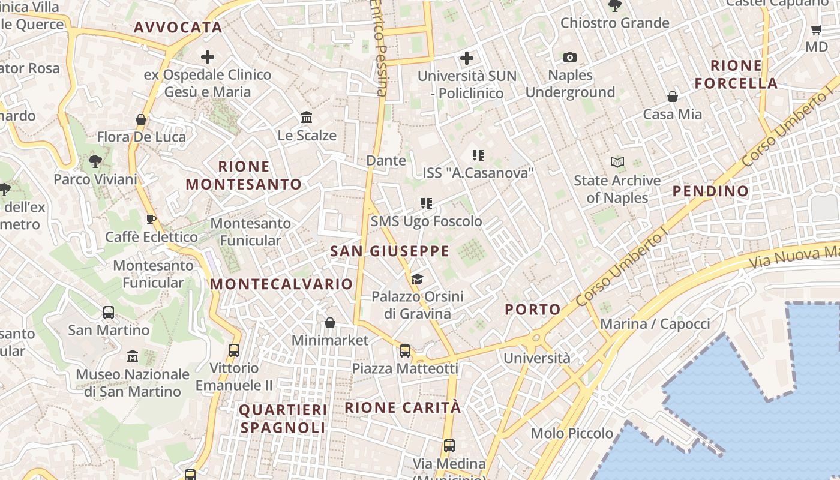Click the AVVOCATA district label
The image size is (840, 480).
(178, 28)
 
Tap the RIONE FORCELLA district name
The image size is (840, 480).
(736, 74)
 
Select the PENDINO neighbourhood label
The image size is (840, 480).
(710, 191)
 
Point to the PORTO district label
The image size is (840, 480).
(533, 310)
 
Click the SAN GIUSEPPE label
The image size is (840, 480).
(389, 251)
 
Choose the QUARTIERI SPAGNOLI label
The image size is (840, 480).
(283, 419)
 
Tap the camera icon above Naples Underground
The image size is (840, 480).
(570, 58)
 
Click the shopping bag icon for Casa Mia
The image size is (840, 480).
(673, 97)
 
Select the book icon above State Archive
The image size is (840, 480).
(617, 162)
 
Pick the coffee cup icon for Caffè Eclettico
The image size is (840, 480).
(151, 219)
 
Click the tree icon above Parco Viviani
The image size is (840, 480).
(95, 161)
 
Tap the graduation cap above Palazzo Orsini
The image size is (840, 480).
(417, 279)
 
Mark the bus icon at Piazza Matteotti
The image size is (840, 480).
(405, 351)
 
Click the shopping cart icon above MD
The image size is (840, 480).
(816, 29)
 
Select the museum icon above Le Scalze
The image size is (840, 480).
(307, 117)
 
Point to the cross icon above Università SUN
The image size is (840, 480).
(467, 58)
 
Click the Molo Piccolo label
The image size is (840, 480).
(572, 433)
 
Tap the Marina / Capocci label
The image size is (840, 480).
(655, 324)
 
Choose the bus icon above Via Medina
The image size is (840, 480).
(449, 446)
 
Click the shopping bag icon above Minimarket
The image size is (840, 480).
(329, 323)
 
